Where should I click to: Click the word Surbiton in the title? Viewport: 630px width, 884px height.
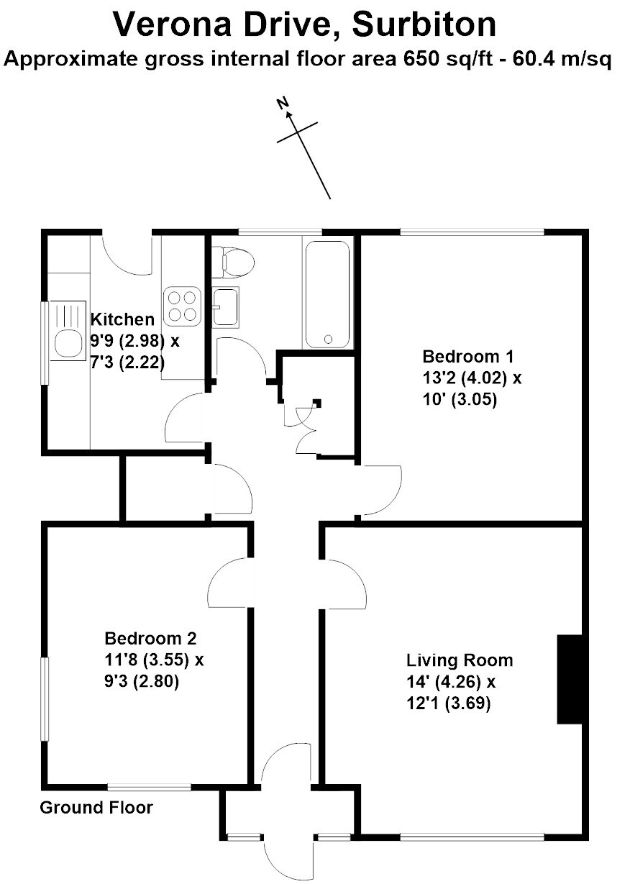(424, 24)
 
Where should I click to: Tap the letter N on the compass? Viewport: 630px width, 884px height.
(283, 104)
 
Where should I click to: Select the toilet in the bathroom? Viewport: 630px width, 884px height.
(233, 262)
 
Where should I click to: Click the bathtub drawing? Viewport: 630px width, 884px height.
(327, 294)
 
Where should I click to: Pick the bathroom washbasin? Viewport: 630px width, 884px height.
(225, 307)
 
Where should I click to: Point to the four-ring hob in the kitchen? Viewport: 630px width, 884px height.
(182, 306)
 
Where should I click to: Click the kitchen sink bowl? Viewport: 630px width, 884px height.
(68, 343)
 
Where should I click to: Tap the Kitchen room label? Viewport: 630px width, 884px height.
(122, 319)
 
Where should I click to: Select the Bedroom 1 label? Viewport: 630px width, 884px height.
(468, 356)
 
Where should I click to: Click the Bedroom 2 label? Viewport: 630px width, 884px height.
(150, 638)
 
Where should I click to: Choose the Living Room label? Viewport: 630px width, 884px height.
(460, 660)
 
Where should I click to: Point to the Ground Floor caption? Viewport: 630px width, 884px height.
(96, 808)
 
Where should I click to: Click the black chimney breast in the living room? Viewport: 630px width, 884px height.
(570, 679)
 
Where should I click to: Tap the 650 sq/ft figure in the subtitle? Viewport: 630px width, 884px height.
(448, 59)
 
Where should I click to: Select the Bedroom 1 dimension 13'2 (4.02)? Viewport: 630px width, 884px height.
(465, 378)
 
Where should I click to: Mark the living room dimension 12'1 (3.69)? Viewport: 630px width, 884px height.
(449, 703)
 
